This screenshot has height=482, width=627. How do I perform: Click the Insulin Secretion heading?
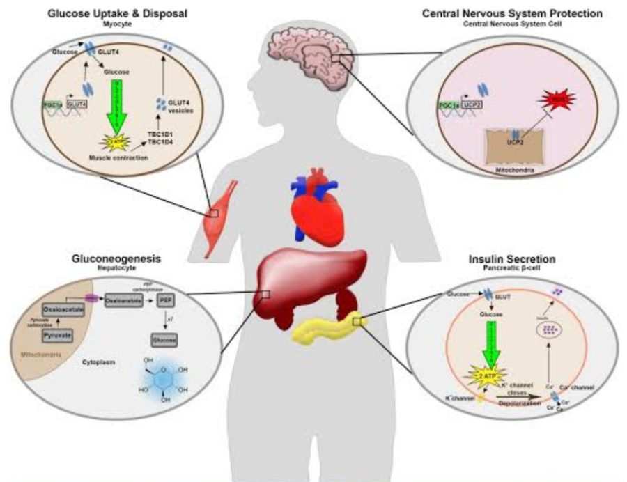tap(512, 260)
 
